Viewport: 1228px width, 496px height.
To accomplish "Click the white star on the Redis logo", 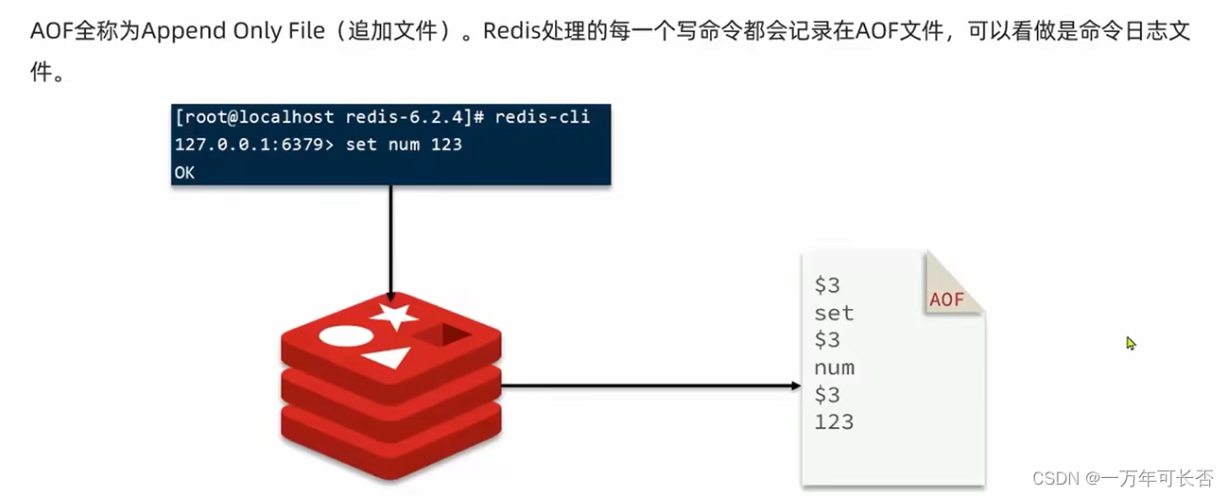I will pos(394,316).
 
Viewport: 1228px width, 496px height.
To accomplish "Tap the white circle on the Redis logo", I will pos(344,336).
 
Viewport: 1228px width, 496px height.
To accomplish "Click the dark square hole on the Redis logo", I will pos(441,334).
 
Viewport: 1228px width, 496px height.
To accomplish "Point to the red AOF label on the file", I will pos(946,299).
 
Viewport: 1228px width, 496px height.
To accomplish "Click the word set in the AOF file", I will pos(834,313).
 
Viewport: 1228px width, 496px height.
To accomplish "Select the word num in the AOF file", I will pos(834,368).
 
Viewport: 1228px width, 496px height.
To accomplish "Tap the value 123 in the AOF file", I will pos(834,421).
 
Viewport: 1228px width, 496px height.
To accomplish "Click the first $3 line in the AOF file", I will pos(827,285).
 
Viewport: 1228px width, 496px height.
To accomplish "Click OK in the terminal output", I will pos(184,173).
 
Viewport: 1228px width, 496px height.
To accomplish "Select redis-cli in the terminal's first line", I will pos(542,117).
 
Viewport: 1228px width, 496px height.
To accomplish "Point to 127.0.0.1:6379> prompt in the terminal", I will pos(254,145).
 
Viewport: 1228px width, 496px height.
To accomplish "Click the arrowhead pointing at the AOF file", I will pos(796,385).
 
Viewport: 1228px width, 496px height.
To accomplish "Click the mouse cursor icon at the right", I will pos(1130,343).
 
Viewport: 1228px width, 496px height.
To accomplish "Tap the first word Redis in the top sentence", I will pos(510,31).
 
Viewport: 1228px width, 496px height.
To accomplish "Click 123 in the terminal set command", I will pos(446,145).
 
